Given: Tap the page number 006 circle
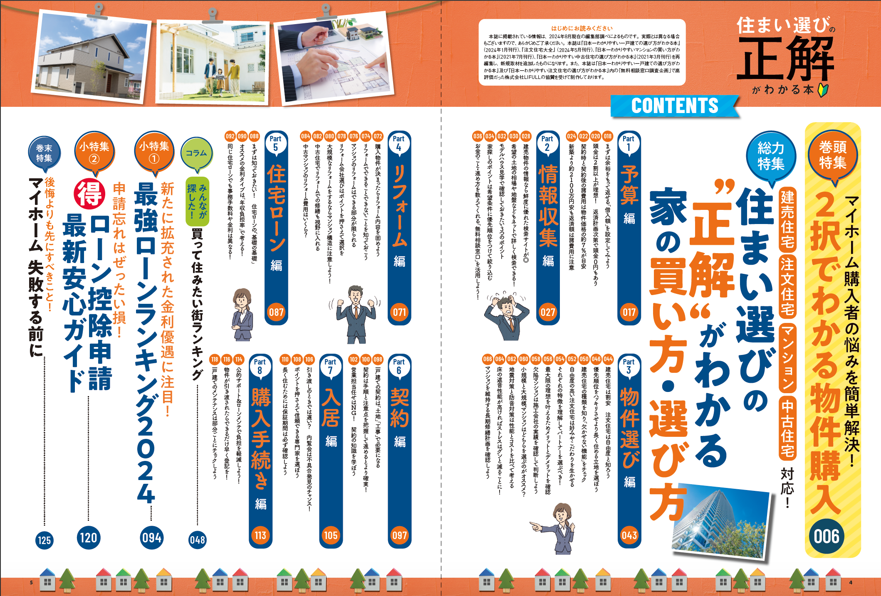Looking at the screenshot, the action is [x=827, y=536].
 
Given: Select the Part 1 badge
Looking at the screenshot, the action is [x=629, y=143].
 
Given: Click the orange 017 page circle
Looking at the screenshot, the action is [x=629, y=312].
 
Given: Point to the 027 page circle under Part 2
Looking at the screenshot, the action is [x=548, y=312].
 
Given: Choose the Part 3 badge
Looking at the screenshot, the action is [x=629, y=366].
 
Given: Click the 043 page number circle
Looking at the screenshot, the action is [x=629, y=535].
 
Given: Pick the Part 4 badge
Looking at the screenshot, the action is [x=398, y=143].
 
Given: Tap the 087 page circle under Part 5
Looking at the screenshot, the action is [x=276, y=312].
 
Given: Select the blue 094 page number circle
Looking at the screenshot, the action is [x=151, y=538].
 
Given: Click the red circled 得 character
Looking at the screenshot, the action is [x=89, y=194].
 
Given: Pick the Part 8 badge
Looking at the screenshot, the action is [x=260, y=366].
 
